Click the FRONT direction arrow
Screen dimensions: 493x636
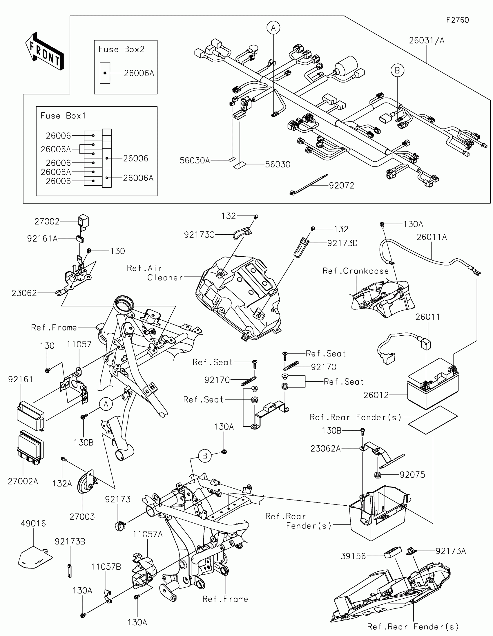tap(45, 51)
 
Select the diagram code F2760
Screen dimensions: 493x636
tap(457, 20)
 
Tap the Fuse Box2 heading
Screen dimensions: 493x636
tap(122, 49)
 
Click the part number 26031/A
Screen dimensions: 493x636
tap(427, 41)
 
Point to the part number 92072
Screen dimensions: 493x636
tap(341, 185)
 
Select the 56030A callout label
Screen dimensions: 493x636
tap(195, 160)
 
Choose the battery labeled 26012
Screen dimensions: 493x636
tap(433, 383)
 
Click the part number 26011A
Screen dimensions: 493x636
tap(432, 237)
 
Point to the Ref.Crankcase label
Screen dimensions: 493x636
tap(356, 271)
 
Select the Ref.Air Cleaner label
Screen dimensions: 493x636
tap(155, 273)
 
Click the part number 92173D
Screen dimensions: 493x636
tap(342, 243)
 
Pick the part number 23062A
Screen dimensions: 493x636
tap(325, 448)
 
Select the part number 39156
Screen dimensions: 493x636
tap(353, 556)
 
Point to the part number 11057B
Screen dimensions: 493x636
tap(106, 567)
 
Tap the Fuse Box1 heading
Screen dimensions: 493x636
tap(63, 116)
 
